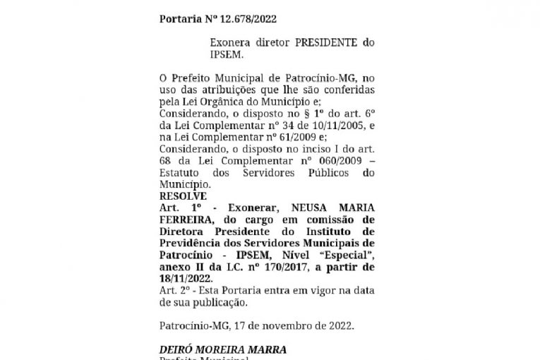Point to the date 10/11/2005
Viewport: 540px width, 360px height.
[x=328, y=125]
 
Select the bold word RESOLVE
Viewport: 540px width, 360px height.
[x=183, y=196]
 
